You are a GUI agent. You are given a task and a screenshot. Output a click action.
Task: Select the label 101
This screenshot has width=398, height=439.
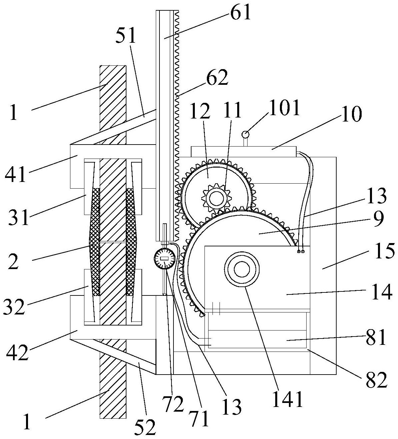click(284, 108)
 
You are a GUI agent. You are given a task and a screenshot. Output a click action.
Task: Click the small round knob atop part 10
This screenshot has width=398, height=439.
click(245, 134)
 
